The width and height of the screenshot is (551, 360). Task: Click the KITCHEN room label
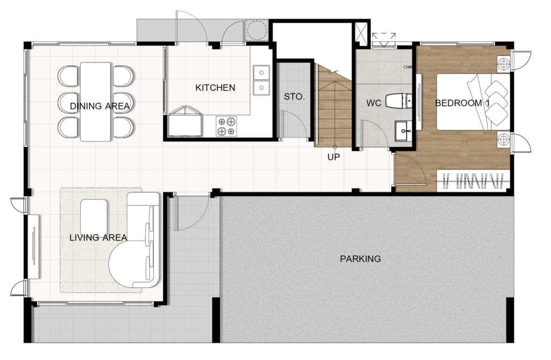pos(215,88)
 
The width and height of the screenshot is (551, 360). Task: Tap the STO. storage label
pos(294,97)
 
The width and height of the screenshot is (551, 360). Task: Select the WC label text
pos(373,103)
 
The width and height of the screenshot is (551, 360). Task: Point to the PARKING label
pos(360,259)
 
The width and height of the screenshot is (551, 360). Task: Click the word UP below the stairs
pos(334,157)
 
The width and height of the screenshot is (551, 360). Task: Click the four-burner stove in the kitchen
pos(227,126)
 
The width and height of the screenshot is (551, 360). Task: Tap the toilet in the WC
pos(399,101)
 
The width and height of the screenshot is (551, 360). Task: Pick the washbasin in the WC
pos(404,131)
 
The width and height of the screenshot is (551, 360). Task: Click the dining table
pos(96,102)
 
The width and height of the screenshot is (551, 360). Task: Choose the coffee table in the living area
pos(94,217)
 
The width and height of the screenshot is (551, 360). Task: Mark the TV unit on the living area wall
pos(34,246)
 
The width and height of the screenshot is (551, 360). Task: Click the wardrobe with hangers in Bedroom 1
pos(473,181)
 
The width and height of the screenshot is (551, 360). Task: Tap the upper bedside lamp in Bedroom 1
pos(503,65)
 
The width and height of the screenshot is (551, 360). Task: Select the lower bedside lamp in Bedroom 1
pos(503,139)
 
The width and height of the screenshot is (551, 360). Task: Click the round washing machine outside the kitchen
pos(257,30)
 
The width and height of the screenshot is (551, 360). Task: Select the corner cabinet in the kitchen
pos(185,121)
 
